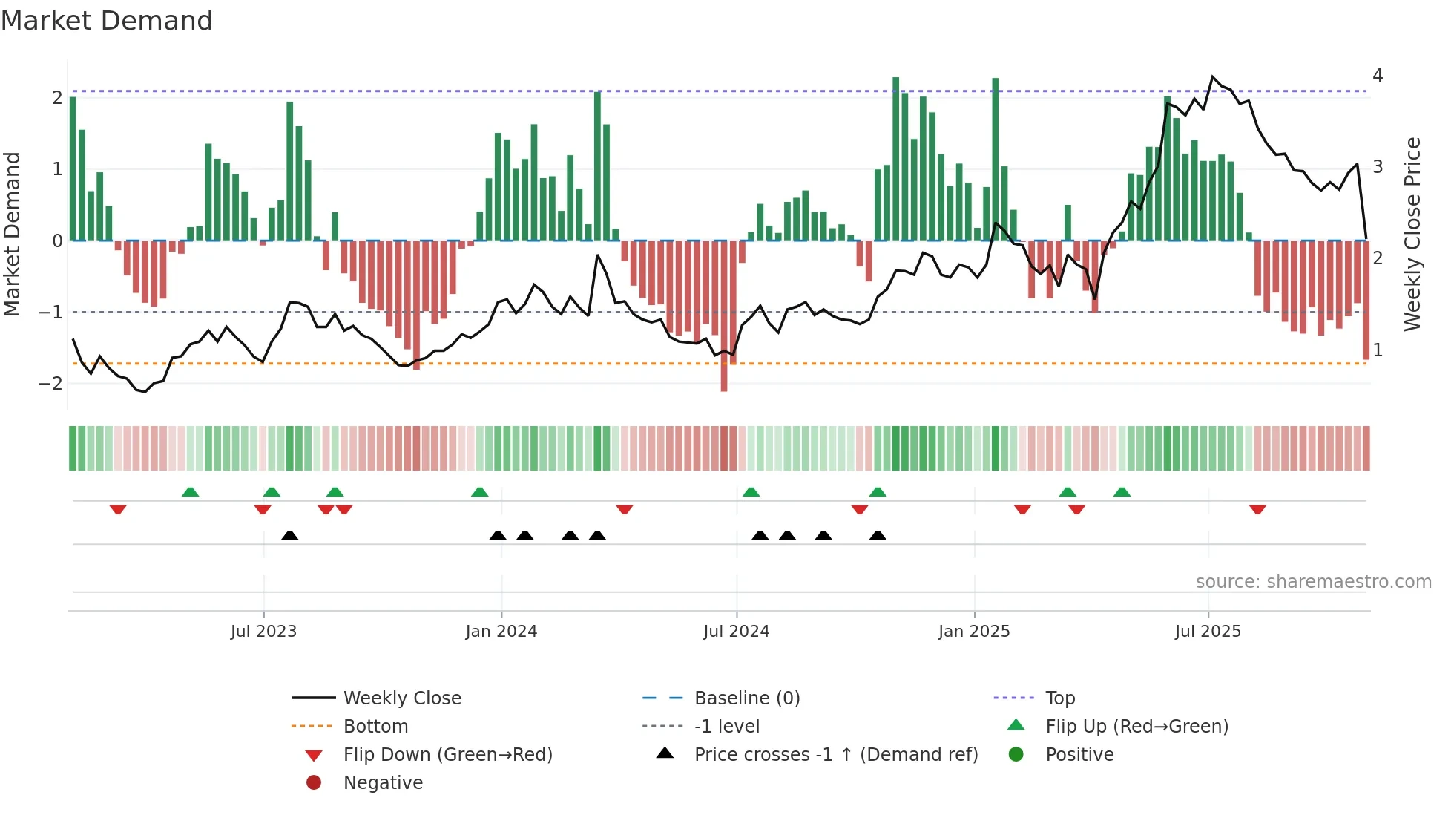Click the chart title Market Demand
click(x=107, y=21)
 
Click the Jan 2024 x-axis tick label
click(x=501, y=632)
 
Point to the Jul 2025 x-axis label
click(x=1208, y=632)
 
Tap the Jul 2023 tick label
click(x=263, y=632)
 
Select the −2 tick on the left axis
click(x=50, y=384)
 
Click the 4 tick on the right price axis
click(x=1378, y=76)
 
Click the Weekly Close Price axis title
click(x=1412, y=234)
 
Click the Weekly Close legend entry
click(x=401, y=698)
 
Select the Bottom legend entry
click(x=375, y=727)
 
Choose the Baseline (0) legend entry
click(x=746, y=698)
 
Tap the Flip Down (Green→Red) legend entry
click(x=447, y=755)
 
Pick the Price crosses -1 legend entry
click(x=835, y=755)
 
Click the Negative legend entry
click(x=383, y=783)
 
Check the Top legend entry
click(x=1060, y=698)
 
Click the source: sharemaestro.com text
click(x=1313, y=582)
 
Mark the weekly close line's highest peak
click(x=1213, y=76)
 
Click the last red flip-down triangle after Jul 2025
click(x=1257, y=509)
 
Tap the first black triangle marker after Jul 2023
click(x=290, y=535)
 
